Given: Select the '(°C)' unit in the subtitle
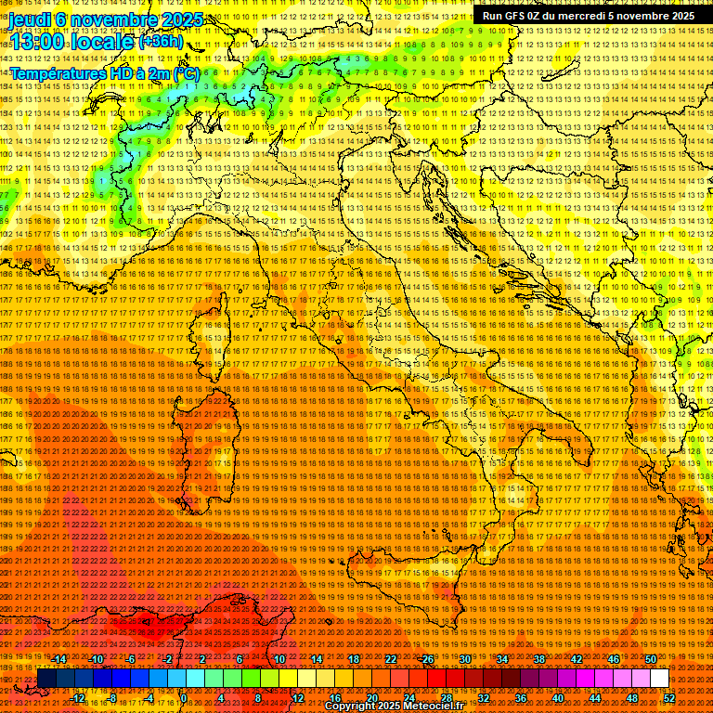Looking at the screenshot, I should tap(186, 72).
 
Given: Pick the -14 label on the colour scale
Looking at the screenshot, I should tap(60, 659).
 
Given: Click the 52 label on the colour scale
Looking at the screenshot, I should tap(668, 697).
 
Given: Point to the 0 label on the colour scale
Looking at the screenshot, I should tap(185, 697).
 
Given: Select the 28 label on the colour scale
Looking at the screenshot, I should tap(446, 697).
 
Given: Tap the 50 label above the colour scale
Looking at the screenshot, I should tap(651, 659).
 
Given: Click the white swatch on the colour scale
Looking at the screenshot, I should tap(659, 679).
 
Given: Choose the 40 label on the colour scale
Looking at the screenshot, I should tap(557, 697).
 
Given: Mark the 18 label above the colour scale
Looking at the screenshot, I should tap(353, 659).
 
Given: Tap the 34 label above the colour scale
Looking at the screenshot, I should tap(501, 659).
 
